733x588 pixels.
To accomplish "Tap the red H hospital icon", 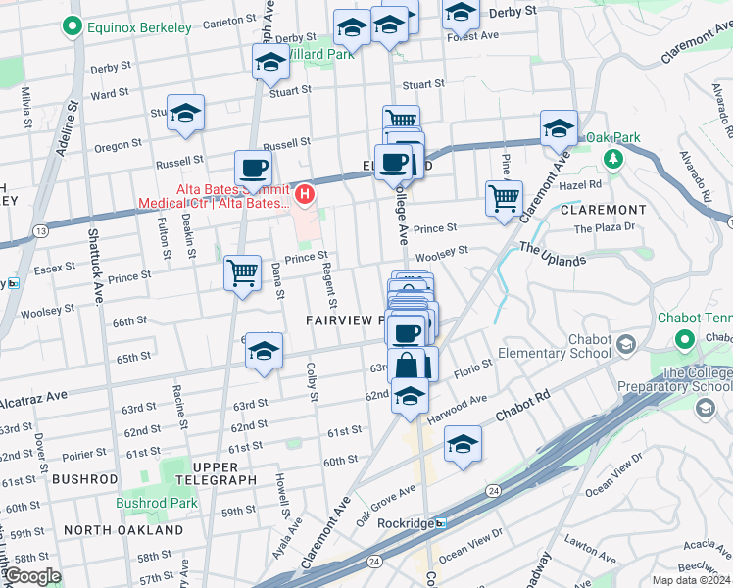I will (305, 195).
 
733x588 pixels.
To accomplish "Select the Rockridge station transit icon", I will (441, 523).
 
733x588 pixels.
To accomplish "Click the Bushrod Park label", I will (157, 503).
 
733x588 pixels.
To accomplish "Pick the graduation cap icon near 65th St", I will (264, 351).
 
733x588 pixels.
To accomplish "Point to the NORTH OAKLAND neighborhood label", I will (123, 530).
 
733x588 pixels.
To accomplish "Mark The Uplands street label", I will (552, 254).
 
